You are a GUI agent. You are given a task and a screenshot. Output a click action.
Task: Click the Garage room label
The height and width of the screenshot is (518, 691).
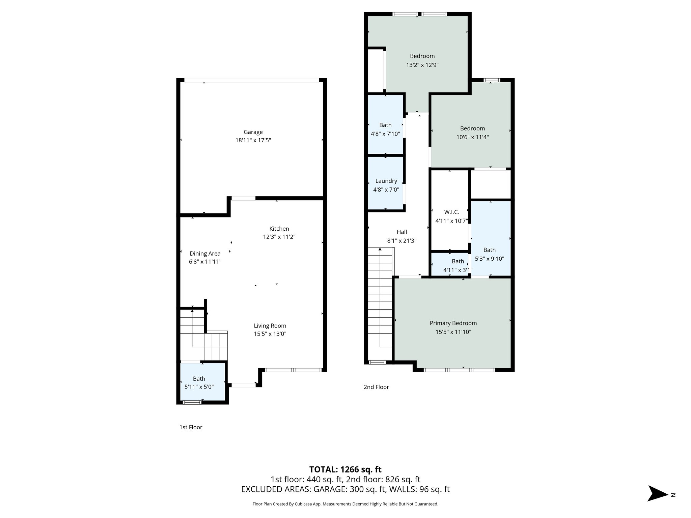[x=253, y=132]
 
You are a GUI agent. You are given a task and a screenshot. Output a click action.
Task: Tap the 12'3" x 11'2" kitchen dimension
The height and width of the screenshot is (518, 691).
[x=279, y=237]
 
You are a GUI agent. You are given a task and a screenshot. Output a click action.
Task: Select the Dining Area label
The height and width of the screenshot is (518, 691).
[x=205, y=254]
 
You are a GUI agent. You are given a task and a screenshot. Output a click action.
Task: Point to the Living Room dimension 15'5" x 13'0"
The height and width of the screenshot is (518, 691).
[x=270, y=334]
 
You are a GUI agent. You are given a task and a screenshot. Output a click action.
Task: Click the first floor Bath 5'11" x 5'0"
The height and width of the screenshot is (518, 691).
[x=199, y=383]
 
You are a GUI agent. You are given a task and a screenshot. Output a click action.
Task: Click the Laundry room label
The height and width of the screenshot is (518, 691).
[x=386, y=181]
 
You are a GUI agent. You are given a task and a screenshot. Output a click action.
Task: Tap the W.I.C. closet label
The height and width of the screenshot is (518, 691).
[x=451, y=212]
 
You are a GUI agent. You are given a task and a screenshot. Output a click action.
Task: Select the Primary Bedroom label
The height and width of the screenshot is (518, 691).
[x=453, y=323]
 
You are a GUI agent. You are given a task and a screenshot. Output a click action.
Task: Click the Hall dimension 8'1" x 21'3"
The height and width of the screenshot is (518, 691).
[x=402, y=241]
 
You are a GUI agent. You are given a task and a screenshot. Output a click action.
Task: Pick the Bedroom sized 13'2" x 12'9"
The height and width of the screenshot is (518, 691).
[x=422, y=60]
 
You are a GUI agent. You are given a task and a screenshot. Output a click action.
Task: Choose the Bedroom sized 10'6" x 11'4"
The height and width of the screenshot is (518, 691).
[x=472, y=133]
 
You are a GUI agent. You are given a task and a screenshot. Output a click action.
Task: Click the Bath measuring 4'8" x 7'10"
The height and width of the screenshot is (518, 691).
[x=385, y=129]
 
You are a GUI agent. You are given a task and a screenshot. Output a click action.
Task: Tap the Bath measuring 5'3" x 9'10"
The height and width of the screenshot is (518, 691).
[x=490, y=254]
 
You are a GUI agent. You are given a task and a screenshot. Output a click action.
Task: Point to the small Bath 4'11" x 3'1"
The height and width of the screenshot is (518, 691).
[x=458, y=265]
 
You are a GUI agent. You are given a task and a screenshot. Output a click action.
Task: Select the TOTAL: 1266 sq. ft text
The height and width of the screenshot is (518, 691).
[x=345, y=469]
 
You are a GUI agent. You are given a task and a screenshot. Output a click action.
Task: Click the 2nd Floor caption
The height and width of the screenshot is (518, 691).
[x=376, y=387]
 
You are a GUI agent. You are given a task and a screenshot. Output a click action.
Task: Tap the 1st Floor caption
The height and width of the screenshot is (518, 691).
[x=191, y=427]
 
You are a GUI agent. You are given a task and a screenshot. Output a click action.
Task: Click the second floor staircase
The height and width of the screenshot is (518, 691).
[x=380, y=304]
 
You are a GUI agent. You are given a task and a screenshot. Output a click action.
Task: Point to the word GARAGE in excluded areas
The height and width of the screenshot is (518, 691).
[x=329, y=489]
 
